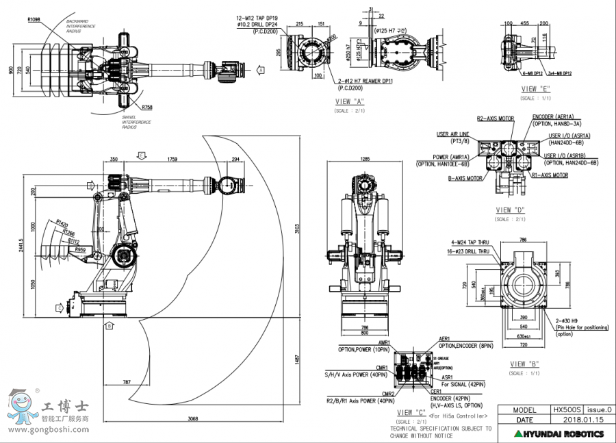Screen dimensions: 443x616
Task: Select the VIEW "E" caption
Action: pos(536,89)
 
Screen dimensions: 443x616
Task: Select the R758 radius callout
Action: pos(147,107)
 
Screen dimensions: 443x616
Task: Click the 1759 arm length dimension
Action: pos(172,160)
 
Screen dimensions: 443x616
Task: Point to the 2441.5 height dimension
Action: pos(23,250)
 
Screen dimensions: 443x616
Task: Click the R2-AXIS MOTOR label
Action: pos(495,118)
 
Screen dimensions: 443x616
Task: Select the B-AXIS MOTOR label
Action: pos(465,178)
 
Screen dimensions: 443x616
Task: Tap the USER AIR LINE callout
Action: pos(452,137)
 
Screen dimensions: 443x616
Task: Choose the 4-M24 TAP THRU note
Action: pos(469,242)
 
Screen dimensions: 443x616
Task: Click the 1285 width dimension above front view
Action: pos(365,159)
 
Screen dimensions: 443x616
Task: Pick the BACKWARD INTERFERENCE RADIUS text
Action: pos(81,26)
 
